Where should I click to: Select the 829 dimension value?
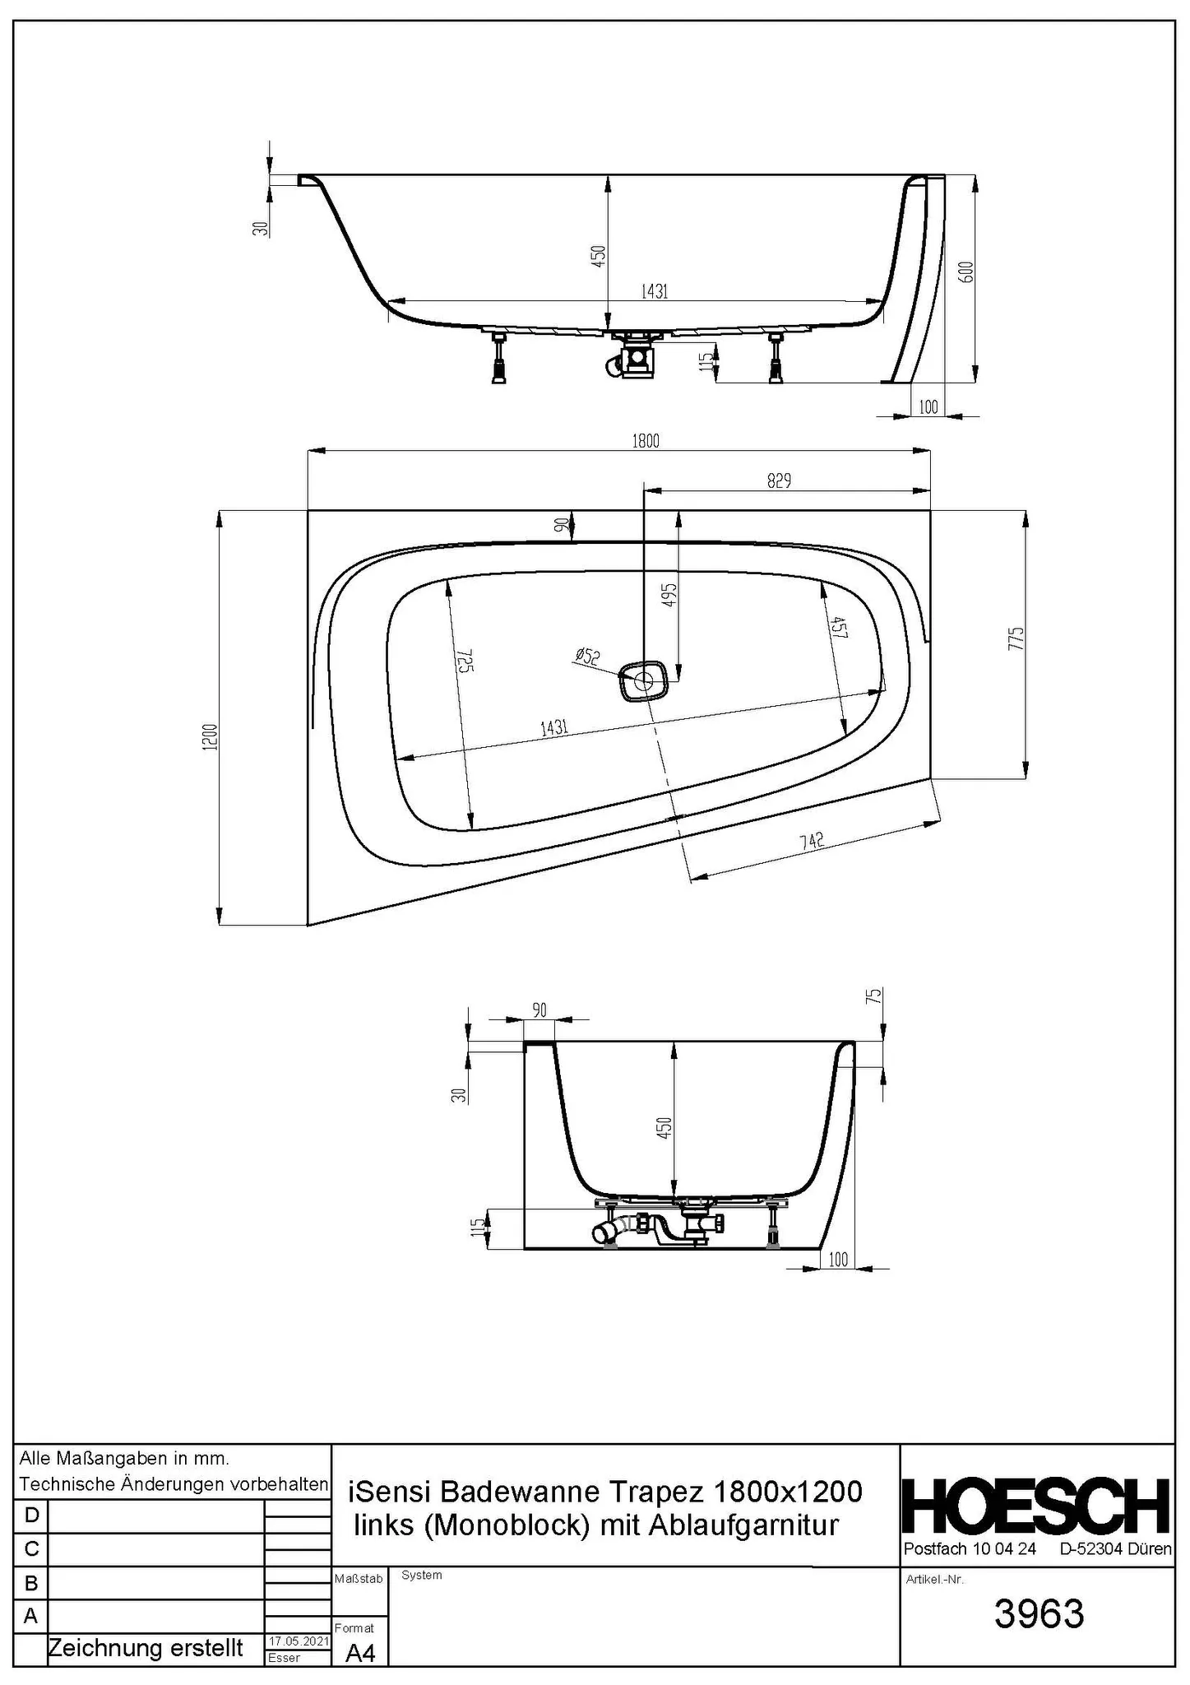(779, 480)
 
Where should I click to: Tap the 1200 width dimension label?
(211, 736)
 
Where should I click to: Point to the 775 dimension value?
(1016, 639)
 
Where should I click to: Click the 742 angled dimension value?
(812, 840)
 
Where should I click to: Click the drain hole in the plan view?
(643, 680)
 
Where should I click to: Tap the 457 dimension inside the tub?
(839, 628)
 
